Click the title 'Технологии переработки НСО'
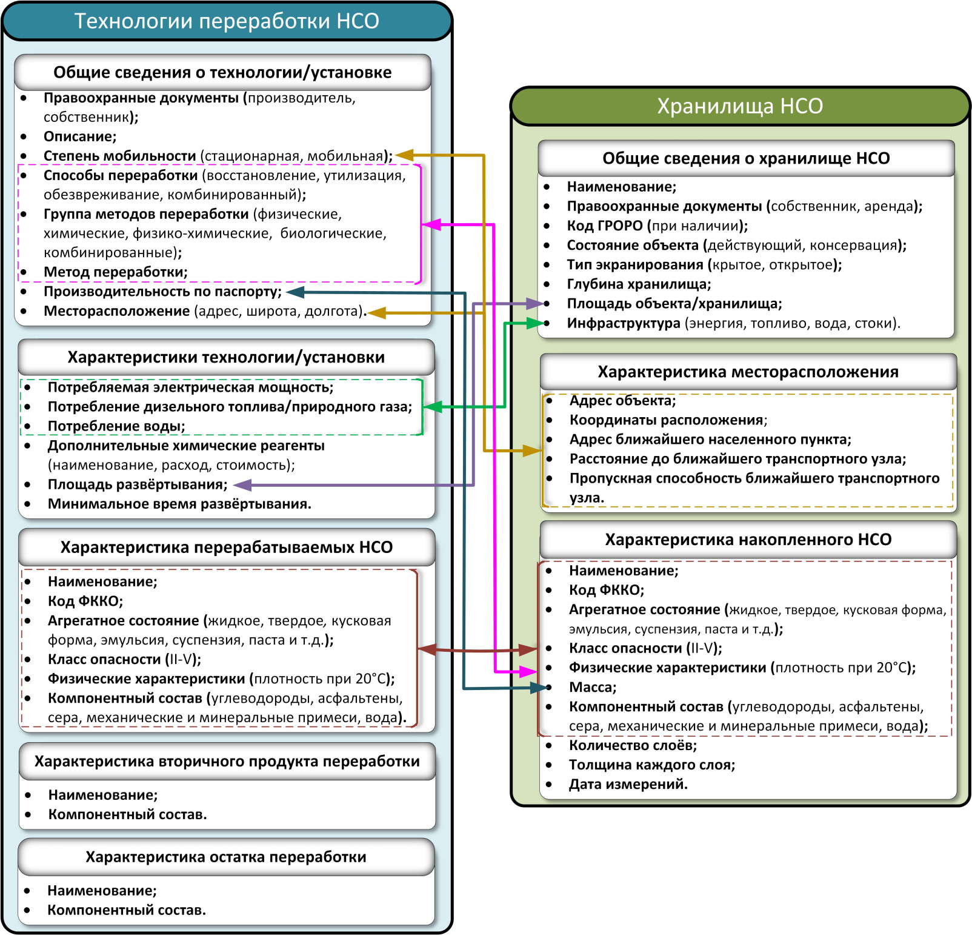point(227,21)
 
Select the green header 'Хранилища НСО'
point(740,106)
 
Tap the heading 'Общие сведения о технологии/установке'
point(222,72)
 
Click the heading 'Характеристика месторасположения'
point(748,372)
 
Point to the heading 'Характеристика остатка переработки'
point(226,857)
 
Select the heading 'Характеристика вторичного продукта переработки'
point(227,761)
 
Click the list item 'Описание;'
point(80,136)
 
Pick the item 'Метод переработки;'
point(115,272)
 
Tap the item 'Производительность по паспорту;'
point(162,292)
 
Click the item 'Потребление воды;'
point(116,426)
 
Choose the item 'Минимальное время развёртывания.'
point(179,504)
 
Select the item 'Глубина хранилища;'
point(639,284)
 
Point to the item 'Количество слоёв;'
point(633,745)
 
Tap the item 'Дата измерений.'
point(628,784)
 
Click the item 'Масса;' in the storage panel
point(592,687)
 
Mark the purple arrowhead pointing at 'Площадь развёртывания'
point(241,485)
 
